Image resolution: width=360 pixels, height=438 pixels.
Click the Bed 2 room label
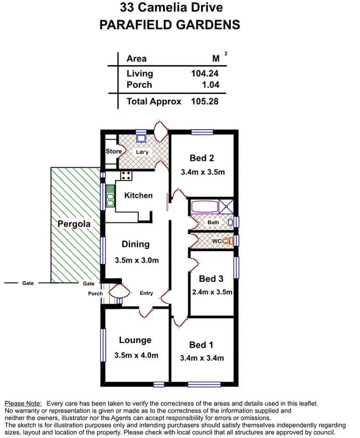point(202,158)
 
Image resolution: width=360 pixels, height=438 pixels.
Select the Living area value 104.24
point(205,73)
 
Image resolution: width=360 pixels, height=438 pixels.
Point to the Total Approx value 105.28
point(205,101)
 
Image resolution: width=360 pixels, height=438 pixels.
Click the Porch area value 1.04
point(210,85)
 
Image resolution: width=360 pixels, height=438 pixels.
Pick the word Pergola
point(74,224)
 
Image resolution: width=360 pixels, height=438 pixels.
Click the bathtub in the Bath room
point(204,207)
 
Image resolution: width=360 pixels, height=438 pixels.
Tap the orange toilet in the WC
point(227,240)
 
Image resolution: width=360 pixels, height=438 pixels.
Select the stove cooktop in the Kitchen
point(126,176)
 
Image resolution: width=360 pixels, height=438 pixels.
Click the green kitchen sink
point(110,196)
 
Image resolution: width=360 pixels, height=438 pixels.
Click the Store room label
point(114,152)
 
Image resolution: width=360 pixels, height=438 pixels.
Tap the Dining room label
point(135,244)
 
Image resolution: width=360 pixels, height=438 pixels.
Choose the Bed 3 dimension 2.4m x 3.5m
point(212,292)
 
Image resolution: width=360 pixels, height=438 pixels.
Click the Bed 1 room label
point(202,345)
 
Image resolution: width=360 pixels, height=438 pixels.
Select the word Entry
point(146,293)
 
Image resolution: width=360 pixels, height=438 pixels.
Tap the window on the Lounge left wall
point(102,344)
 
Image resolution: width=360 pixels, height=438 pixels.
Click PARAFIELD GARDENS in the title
point(170,25)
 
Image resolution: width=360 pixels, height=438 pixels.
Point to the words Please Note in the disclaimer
point(23,404)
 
